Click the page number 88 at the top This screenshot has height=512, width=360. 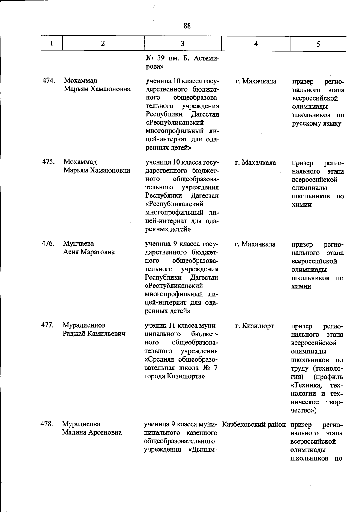click(187, 26)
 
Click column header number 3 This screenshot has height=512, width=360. click(182, 44)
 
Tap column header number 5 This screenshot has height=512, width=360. click(318, 44)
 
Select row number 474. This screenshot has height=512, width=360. click(48, 80)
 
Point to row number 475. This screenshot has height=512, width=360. click(48, 162)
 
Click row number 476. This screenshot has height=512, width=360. click(48, 243)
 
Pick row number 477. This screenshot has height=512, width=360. click(48, 325)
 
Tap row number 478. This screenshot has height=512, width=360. click(47, 424)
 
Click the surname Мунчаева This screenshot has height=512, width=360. click(79, 243)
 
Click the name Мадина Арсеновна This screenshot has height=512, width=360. click(92, 432)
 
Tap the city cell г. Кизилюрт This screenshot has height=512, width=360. click(255, 326)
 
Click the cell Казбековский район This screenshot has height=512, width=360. click(254, 425)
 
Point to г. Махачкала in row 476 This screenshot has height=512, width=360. click(255, 244)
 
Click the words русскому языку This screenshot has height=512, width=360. click(317, 123)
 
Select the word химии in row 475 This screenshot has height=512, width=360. click(302, 205)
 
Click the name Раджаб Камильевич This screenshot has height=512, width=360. click(94, 334)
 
